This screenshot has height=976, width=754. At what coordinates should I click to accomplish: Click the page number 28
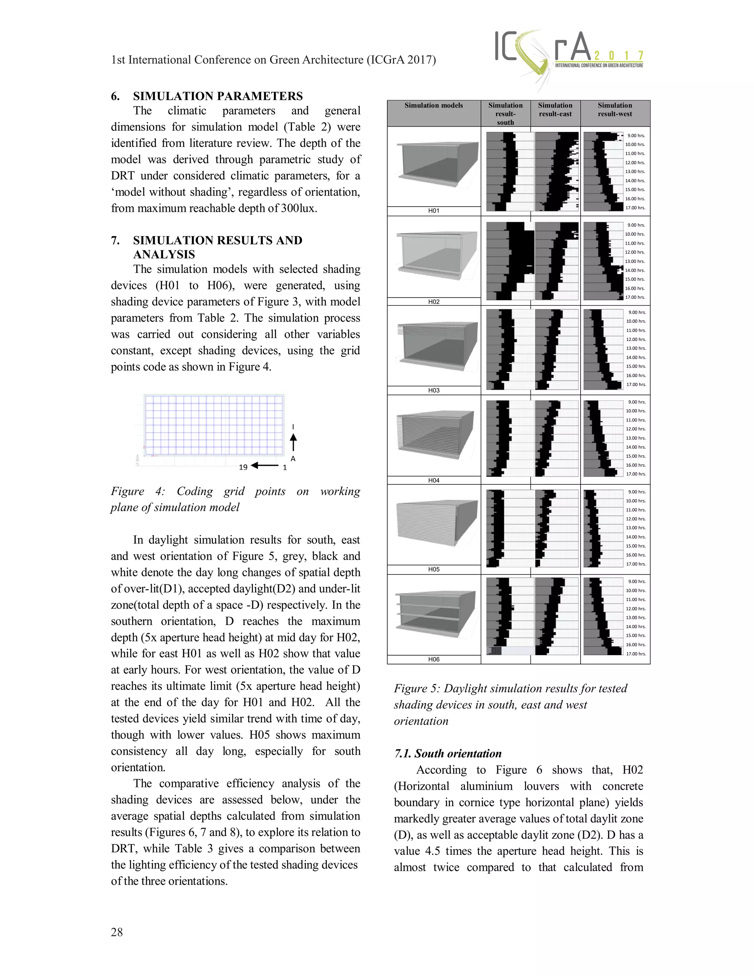point(117,932)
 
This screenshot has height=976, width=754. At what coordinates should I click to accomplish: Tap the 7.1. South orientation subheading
point(448,754)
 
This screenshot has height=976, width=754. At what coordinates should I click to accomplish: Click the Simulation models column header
point(433,105)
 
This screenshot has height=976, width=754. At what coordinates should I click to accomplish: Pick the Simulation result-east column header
point(555,109)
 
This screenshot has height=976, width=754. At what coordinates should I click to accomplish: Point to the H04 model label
point(434,480)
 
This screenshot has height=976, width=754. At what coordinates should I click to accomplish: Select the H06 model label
point(434,659)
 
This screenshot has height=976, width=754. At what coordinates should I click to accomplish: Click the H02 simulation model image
point(434,256)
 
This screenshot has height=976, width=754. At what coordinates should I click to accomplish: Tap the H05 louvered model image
point(434,524)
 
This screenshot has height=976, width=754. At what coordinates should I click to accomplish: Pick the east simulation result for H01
point(557,172)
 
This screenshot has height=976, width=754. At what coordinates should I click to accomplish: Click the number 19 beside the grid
point(243,467)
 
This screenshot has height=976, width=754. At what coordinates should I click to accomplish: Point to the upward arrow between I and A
point(293,442)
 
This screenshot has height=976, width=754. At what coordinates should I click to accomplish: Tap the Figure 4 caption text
point(235,499)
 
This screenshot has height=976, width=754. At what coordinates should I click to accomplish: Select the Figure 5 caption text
point(510,705)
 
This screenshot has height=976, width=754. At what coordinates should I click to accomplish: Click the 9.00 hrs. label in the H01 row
point(635,136)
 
